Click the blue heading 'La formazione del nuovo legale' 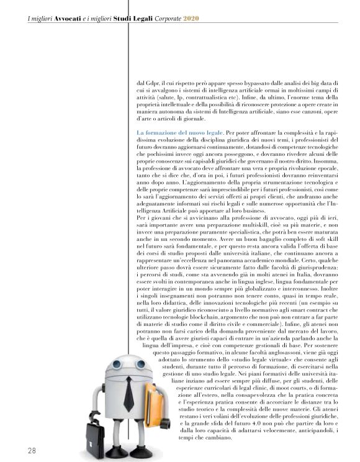[178, 134]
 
